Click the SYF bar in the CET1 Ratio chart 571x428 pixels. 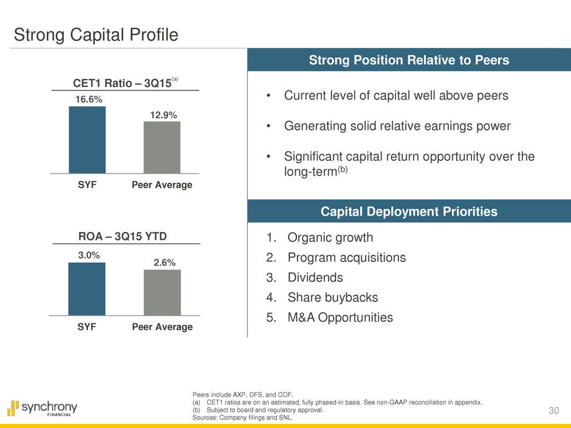coord(87,140)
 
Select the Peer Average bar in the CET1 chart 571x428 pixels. coord(162,148)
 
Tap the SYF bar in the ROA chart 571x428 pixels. coord(87,289)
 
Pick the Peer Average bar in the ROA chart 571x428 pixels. coord(162,293)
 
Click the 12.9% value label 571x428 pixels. coord(162,114)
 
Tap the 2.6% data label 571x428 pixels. coord(162,262)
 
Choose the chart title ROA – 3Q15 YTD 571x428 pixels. coord(123,236)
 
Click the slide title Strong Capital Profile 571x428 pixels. coord(96,35)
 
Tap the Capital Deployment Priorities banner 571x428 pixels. coord(409,211)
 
